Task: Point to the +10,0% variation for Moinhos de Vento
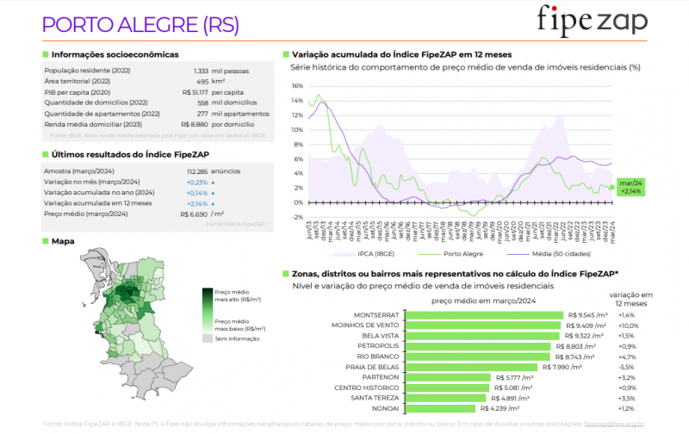pos(629,325)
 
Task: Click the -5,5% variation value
pos(626,367)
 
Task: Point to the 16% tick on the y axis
pos(297,86)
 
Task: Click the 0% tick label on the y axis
pos(298,202)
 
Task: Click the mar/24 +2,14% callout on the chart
pos(632,186)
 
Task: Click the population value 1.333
pos(201,71)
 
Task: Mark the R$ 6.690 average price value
pos(194,213)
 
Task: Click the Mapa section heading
pos(63,242)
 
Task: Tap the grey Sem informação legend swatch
pos(208,338)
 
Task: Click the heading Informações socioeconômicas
pos(115,53)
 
